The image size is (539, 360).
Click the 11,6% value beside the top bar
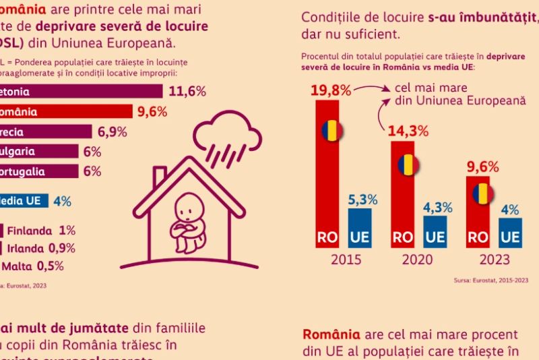point(187,92)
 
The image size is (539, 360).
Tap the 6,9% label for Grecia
point(113,131)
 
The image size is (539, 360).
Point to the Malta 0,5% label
point(36,265)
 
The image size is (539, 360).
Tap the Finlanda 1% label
point(40,230)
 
